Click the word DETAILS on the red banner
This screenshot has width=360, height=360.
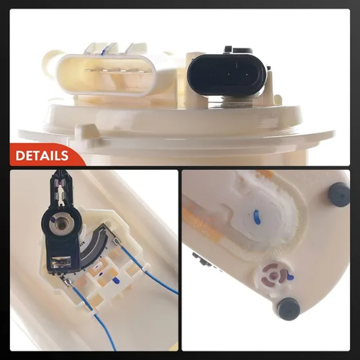coord(42,156)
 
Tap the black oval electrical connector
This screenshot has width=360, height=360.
coord(227,75)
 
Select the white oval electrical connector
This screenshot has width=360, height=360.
coord(107,74)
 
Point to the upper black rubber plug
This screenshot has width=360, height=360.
coord(339,194)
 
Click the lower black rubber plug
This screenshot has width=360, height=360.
coord(289,309)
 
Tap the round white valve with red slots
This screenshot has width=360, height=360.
coord(274,275)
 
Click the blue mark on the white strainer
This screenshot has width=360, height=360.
coord(256,216)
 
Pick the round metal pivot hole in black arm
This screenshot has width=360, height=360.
coord(60,224)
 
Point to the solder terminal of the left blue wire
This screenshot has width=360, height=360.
coord(66,282)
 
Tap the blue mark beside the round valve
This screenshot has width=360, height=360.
coord(290,276)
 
